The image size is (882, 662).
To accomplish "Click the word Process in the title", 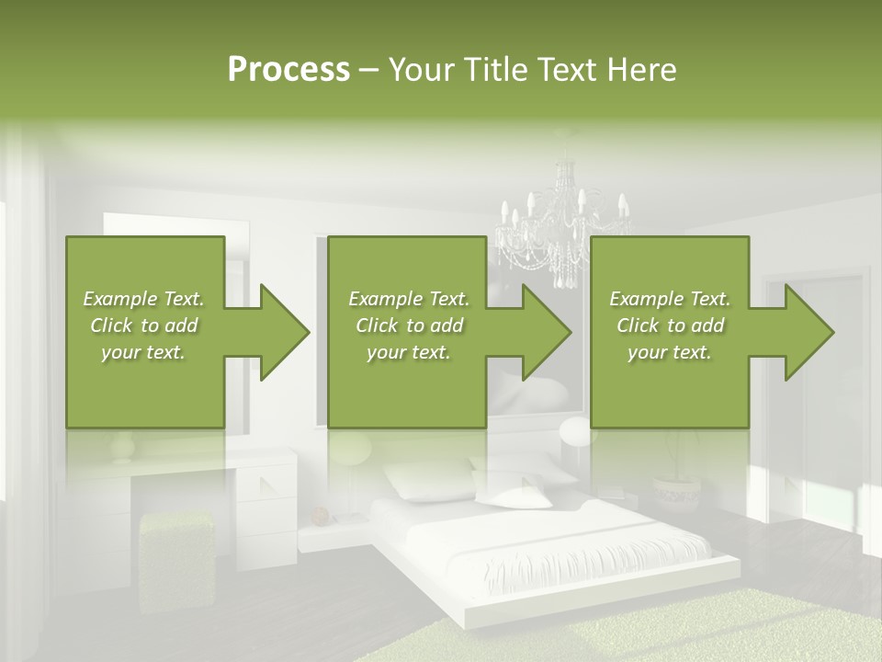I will (x=288, y=70).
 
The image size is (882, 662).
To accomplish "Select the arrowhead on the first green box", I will (x=276, y=332).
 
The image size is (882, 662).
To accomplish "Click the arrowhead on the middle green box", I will (x=537, y=332).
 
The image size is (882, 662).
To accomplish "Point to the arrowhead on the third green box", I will (x=799, y=332).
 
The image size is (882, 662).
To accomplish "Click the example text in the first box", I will (x=143, y=325).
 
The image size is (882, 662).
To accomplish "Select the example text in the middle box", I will (x=408, y=325).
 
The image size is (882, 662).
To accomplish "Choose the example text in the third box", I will (x=669, y=325).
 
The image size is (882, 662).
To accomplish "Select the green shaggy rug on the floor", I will (x=643, y=634).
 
